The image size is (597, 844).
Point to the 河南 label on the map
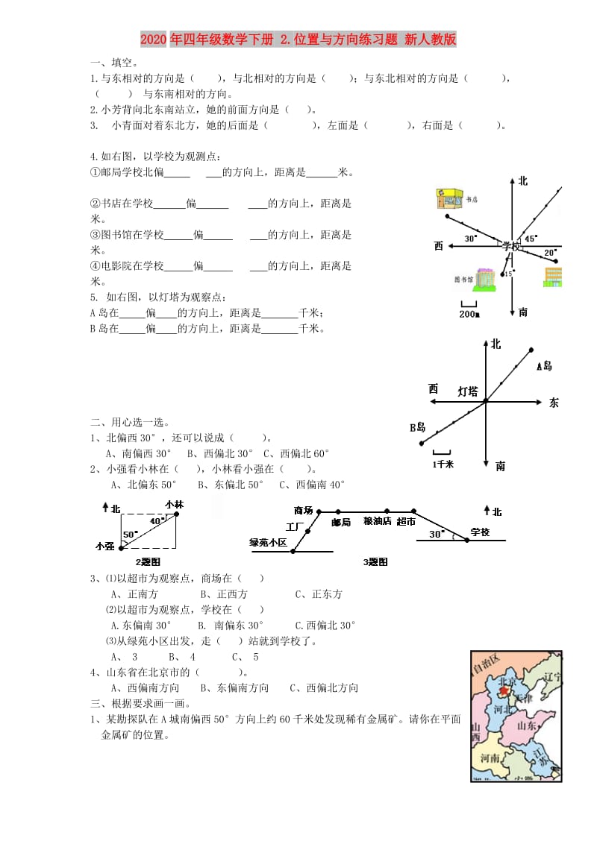click(x=490, y=758)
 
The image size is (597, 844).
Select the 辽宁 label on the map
click(x=551, y=677)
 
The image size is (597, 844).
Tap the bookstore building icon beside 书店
click(x=448, y=198)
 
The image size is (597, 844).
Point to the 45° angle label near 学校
click(x=530, y=239)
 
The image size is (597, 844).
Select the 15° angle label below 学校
click(x=508, y=274)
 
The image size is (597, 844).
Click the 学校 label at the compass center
click(x=511, y=245)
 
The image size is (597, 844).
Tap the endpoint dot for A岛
click(x=531, y=349)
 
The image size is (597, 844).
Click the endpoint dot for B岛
click(x=422, y=444)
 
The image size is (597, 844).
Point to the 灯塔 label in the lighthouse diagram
click(x=468, y=391)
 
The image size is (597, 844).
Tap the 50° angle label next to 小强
click(x=128, y=535)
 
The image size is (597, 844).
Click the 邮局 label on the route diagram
click(x=341, y=523)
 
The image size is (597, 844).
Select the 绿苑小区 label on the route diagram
click(x=268, y=542)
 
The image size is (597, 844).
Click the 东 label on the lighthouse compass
click(x=553, y=403)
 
